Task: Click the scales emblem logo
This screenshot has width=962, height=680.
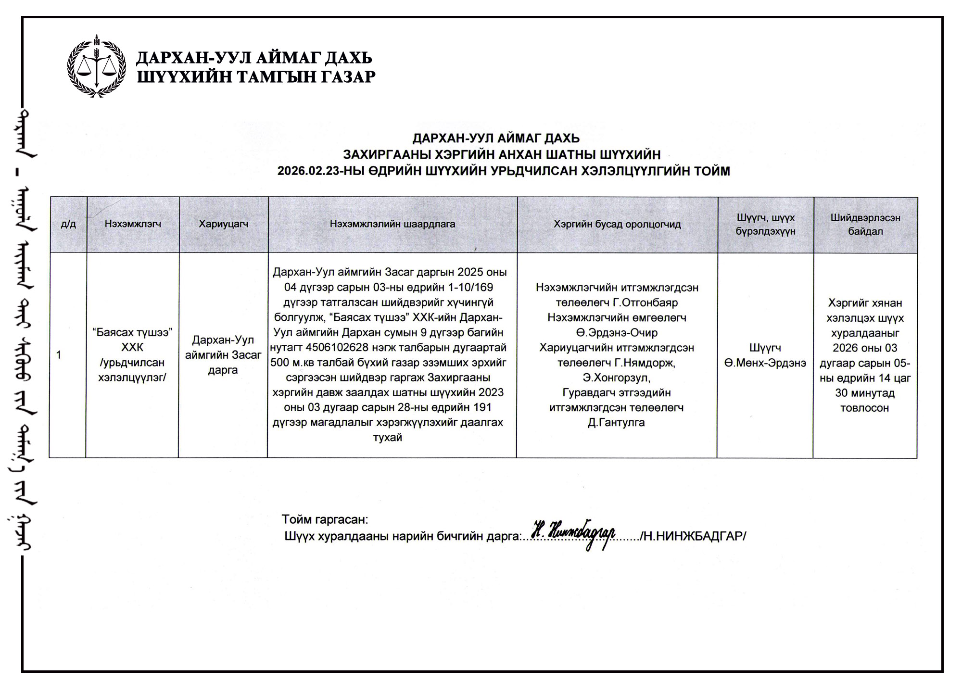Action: (x=97, y=66)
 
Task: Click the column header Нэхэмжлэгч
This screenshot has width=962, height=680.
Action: (x=133, y=224)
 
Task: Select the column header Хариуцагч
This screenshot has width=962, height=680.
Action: (x=224, y=224)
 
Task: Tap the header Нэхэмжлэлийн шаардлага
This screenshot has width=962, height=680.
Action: (x=392, y=224)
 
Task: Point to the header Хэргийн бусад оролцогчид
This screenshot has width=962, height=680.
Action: (x=617, y=225)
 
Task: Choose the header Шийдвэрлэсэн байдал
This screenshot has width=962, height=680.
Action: (x=865, y=225)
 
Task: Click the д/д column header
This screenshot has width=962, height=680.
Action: (x=68, y=225)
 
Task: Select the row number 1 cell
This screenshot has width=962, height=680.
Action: (x=59, y=355)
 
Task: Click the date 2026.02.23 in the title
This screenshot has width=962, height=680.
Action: (x=308, y=171)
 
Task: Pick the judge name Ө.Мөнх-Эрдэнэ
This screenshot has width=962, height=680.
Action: (x=765, y=363)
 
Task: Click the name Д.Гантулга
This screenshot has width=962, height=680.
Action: (x=616, y=423)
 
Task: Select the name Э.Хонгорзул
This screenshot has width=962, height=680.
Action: (x=616, y=378)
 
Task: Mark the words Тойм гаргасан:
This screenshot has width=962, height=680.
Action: (x=325, y=519)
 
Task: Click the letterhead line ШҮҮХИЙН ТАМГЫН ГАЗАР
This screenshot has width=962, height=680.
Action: (x=256, y=77)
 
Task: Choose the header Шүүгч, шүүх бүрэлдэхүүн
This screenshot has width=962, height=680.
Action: (x=765, y=225)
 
